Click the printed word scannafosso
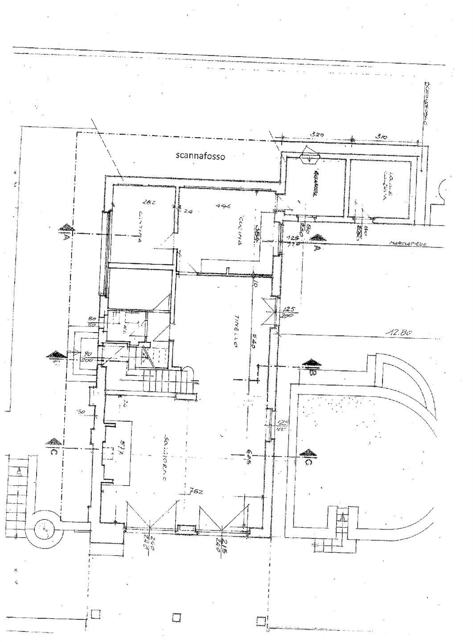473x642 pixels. [x=201, y=156]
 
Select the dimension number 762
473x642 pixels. [x=194, y=492]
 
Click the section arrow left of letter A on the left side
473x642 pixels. [x=65, y=228]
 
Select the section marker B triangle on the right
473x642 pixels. [x=311, y=362]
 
